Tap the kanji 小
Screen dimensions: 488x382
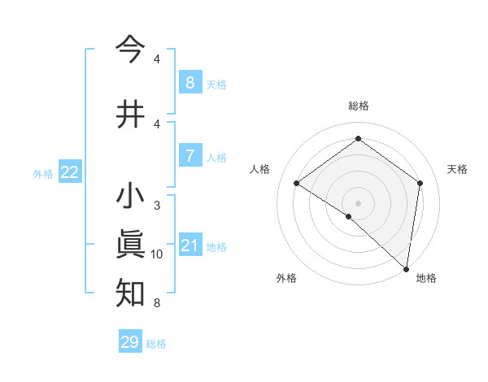pyautogui.click(x=130, y=197)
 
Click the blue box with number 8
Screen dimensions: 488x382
pyautogui.click(x=190, y=82)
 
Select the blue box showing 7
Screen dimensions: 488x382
pyautogui.click(x=190, y=155)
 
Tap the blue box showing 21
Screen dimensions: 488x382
pyautogui.click(x=190, y=245)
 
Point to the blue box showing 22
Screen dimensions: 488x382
pyautogui.click(x=70, y=171)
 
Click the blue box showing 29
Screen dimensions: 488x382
pyautogui.click(x=129, y=342)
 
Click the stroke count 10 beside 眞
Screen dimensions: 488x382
pyautogui.click(x=157, y=254)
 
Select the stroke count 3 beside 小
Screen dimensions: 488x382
pyautogui.click(x=157, y=206)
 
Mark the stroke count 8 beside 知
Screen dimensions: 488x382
pyautogui.click(x=157, y=303)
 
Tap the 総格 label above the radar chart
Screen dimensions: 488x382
pyautogui.click(x=358, y=106)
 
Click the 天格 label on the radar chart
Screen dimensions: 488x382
pyautogui.click(x=458, y=169)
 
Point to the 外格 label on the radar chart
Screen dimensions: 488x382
pyautogui.click(x=286, y=279)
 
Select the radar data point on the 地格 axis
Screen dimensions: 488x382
pyautogui.click(x=407, y=268)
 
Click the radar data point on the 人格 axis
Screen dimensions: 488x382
pyautogui.click(x=297, y=183)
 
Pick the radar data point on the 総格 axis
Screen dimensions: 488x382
pyautogui.click(x=358, y=139)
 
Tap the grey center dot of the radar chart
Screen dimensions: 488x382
pyautogui.click(x=358, y=202)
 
